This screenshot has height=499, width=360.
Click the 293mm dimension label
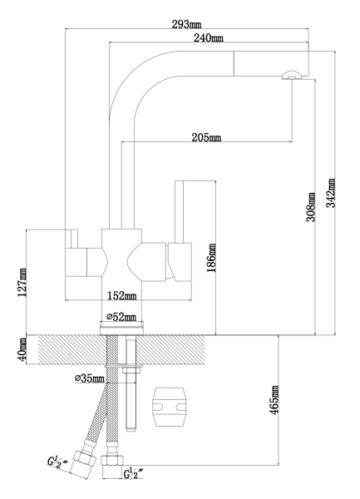click(186, 24)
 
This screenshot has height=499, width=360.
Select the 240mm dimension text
click(209, 38)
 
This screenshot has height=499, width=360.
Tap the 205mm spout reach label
click(206, 137)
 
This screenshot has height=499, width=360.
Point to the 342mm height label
click(332, 193)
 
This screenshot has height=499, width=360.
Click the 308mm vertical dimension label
click(311, 207)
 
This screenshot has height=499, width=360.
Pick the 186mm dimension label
click(211, 258)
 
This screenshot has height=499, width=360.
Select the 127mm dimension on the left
click(22, 283)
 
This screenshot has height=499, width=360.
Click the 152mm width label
click(122, 295)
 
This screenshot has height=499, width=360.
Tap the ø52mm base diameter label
click(121, 317)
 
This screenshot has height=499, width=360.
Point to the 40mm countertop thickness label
click(22, 349)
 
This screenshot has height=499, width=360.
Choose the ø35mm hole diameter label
click(89, 378)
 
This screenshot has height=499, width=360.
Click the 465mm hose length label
click(274, 400)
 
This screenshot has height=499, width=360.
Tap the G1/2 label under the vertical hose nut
click(134, 473)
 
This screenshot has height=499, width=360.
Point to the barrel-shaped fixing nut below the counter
click(170, 407)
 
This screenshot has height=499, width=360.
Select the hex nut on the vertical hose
click(112, 461)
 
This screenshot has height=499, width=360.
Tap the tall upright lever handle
click(180, 212)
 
